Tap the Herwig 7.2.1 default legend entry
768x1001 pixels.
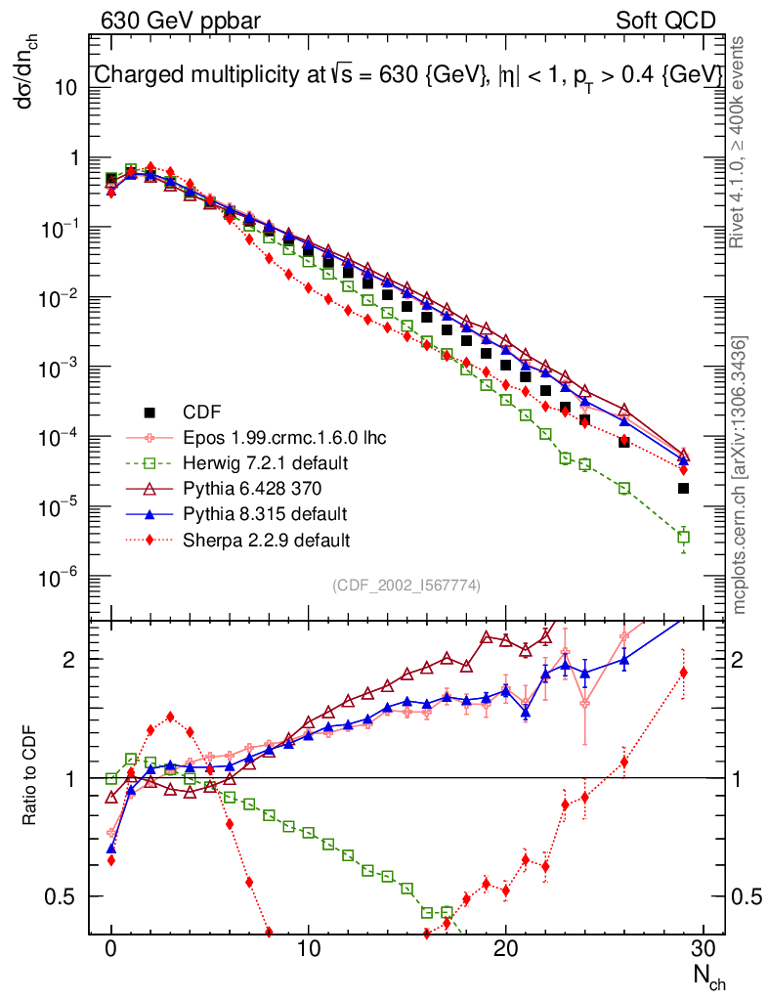click(267, 462)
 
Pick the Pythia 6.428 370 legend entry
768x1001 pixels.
click(256, 488)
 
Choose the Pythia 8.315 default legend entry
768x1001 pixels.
click(265, 513)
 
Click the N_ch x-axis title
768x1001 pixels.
click(709, 977)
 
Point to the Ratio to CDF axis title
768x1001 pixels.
click(31, 778)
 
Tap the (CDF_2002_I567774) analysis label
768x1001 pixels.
click(406, 585)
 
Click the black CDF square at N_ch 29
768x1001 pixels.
click(684, 488)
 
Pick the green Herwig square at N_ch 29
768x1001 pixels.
click(684, 537)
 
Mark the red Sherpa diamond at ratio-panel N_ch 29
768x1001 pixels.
click(684, 673)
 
